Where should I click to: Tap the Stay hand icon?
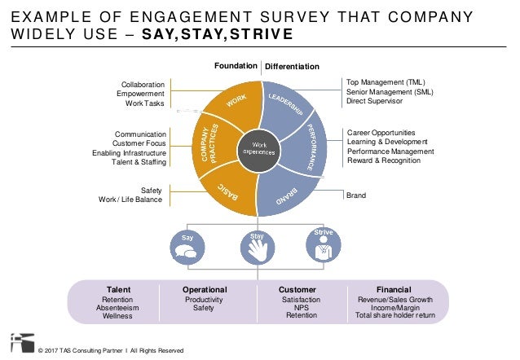pyautogui.click(x=256, y=246)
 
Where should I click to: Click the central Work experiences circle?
pyautogui.click(x=258, y=148)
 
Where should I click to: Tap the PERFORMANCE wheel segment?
pyautogui.click(x=313, y=147)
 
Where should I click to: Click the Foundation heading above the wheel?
pyautogui.click(x=235, y=66)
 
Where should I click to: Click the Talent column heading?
pyautogui.click(x=119, y=289)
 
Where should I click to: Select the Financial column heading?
pyautogui.click(x=394, y=289)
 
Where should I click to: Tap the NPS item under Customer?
pyautogui.click(x=302, y=308)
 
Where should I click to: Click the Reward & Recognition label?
pyautogui.click(x=384, y=160)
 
